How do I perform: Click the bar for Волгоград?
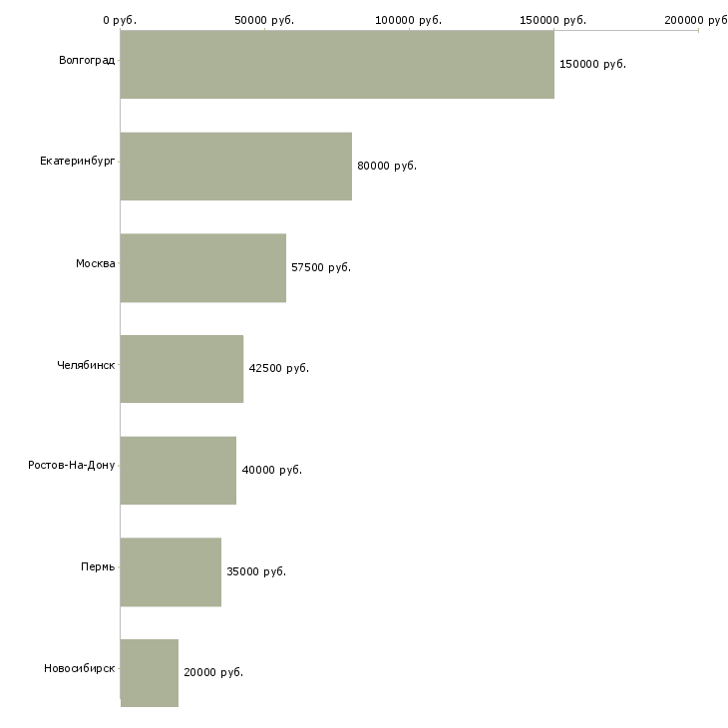coord(337,64)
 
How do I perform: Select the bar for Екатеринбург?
coord(236,166)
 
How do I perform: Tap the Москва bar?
coord(203,267)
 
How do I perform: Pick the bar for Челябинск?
coord(182,369)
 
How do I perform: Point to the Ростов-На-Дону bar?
coord(179,470)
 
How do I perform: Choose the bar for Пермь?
coord(171,571)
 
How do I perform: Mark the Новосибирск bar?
coord(150,673)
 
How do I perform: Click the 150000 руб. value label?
coord(592,64)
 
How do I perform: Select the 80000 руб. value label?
coord(387,166)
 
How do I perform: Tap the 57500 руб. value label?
coord(321,267)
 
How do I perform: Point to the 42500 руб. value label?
coord(279,368)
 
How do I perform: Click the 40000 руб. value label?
coord(271,470)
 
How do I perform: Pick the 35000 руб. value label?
coord(256,571)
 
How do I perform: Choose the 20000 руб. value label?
coord(213,672)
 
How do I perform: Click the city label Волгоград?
coord(87,61)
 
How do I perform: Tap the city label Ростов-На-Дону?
coord(72,465)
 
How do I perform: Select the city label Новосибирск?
coord(80,668)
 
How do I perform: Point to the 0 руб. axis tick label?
coord(120,20)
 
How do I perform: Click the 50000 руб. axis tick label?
coord(264,20)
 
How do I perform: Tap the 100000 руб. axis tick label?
coord(409,20)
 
